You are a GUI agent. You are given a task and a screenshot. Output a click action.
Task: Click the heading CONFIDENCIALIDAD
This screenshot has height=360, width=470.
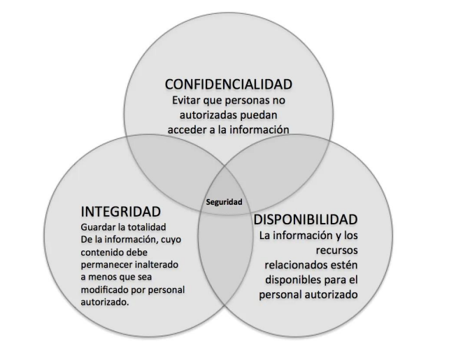click(x=227, y=85)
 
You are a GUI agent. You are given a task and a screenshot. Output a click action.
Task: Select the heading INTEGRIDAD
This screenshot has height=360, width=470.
click(x=120, y=210)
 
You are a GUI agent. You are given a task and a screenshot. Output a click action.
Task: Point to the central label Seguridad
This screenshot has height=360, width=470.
click(x=223, y=202)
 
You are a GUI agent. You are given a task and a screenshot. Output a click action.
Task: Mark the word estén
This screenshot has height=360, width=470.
click(x=343, y=265)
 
